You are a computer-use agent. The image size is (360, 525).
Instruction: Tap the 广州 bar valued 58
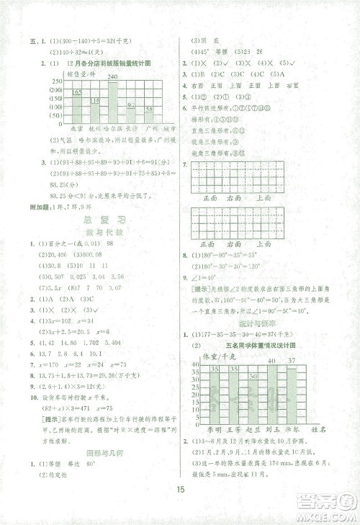coord(148,117)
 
